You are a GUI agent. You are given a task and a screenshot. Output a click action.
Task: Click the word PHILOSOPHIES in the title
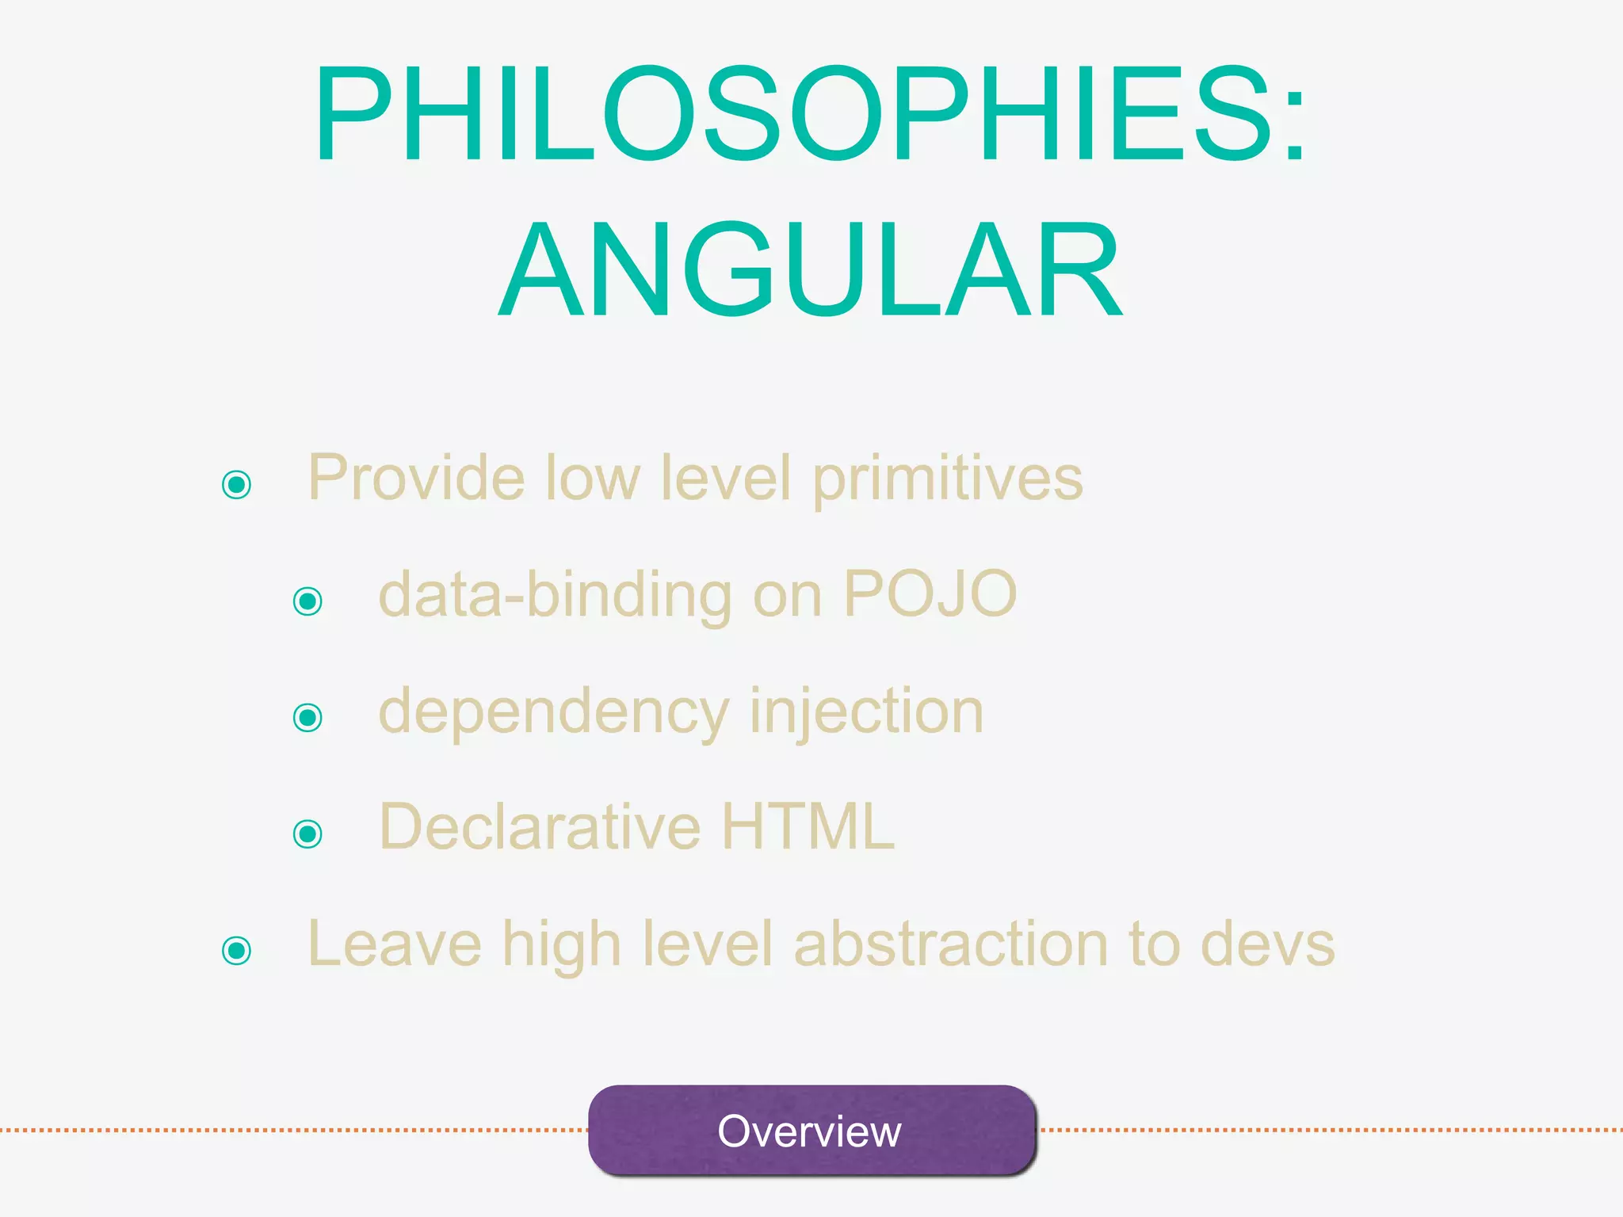click(792, 115)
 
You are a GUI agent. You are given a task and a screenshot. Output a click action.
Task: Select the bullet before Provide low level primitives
click(237, 484)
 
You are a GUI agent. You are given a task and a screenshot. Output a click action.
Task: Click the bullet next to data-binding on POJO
click(307, 601)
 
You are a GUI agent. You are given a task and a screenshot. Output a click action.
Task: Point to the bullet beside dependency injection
click(307, 717)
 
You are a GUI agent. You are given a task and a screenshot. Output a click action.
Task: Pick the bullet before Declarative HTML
click(307, 834)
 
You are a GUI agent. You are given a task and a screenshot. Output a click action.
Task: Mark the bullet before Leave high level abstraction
click(237, 950)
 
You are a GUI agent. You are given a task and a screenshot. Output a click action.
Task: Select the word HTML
click(808, 826)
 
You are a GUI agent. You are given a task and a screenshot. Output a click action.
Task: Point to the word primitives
click(948, 480)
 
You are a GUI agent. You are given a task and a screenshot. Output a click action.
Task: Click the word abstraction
click(951, 944)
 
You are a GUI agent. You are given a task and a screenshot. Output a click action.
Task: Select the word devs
click(1268, 944)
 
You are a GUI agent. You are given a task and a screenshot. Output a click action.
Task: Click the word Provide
click(417, 479)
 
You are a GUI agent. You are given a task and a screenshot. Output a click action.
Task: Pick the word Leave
click(394, 944)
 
